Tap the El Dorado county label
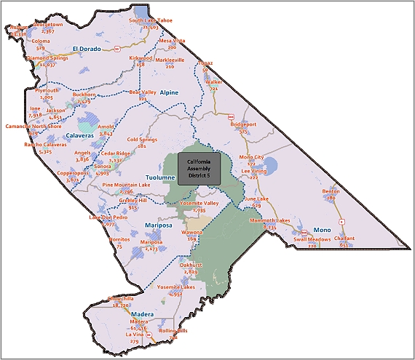point(84,49)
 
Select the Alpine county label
point(169,93)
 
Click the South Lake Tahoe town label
point(151,20)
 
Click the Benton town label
point(331,191)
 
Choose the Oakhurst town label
point(191,265)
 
